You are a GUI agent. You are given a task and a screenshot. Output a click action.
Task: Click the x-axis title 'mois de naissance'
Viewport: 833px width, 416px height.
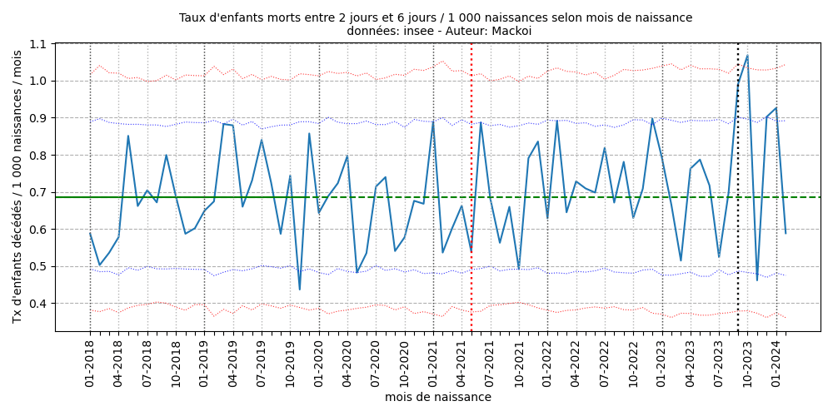click(437, 398)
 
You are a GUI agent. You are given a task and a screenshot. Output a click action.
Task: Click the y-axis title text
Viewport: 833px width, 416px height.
click(17, 186)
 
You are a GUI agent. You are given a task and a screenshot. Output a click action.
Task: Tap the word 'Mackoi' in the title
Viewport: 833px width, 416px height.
click(511, 32)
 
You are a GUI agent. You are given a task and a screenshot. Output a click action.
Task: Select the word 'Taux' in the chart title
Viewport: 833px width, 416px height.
click(193, 17)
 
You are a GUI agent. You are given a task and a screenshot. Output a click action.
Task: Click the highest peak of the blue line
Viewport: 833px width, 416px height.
click(747, 56)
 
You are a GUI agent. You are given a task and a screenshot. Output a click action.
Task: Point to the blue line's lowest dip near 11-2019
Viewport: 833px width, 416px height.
click(300, 290)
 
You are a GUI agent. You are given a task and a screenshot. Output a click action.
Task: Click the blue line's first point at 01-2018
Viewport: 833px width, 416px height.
click(90, 234)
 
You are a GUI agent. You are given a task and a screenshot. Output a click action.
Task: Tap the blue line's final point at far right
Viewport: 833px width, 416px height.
click(786, 233)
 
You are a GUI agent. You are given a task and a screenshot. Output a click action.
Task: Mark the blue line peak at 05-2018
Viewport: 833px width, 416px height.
click(128, 136)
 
